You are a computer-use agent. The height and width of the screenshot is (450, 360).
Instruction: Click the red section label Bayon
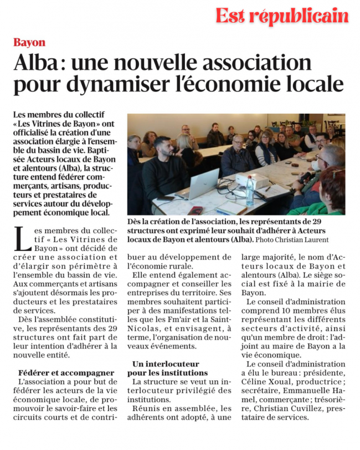pyautogui.click(x=29, y=43)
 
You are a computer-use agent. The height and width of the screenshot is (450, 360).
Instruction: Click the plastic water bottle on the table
pyautogui.click(x=250, y=191)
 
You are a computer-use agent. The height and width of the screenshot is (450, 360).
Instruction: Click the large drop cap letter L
pyautogui.click(x=21, y=239)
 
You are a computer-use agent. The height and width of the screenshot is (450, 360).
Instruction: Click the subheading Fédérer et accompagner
pyautogui.click(x=66, y=372)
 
